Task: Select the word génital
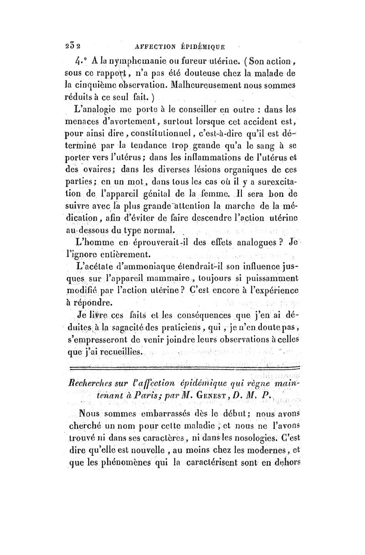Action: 168,195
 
